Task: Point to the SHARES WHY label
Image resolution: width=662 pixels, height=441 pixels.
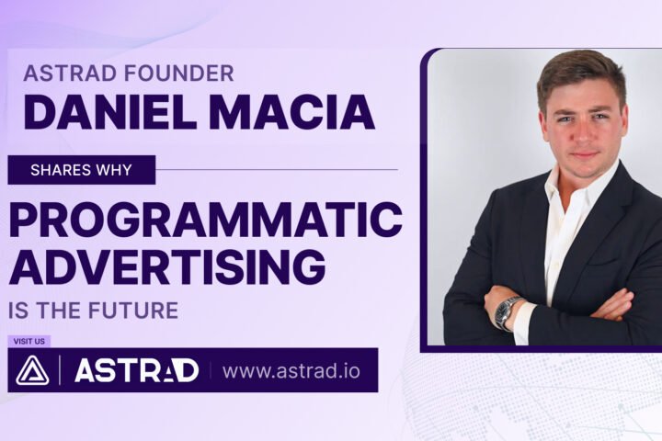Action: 81,170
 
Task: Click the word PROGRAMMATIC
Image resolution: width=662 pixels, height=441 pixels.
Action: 205,220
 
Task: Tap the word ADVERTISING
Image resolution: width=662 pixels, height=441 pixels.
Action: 167,266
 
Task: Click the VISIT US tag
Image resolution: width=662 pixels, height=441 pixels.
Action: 29,341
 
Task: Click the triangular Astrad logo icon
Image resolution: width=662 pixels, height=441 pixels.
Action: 32,370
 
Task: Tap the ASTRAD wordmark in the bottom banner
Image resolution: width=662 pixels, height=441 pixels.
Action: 136,370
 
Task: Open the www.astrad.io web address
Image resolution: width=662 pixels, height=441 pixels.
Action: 291,371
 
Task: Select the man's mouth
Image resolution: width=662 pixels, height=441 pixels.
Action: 583,155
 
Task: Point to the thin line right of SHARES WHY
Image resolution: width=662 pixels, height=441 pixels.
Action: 277,170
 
